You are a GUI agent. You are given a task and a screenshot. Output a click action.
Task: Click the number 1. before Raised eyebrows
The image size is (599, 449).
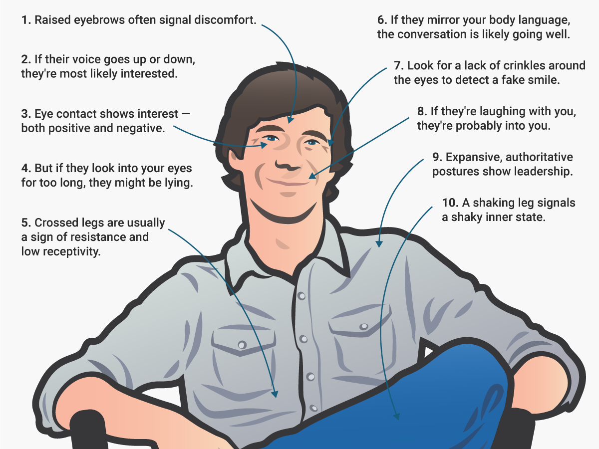coord(26,20)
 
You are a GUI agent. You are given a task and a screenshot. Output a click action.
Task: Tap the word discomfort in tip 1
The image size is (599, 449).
coord(225,20)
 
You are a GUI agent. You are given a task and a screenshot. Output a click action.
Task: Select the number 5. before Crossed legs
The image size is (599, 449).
coord(26,223)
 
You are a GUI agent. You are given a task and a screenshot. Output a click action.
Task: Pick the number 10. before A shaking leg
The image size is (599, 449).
coord(450,203)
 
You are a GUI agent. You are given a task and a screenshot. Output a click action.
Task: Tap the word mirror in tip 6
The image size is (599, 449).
coord(438,20)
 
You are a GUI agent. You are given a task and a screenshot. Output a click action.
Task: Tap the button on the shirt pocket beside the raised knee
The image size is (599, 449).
coord(363,326)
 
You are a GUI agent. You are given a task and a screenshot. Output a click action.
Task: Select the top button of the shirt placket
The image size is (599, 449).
coord(301,296)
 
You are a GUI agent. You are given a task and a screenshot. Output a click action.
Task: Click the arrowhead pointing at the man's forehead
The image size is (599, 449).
coord(291,119)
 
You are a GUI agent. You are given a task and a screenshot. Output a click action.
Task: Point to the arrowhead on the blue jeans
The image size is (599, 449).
coord(397,416)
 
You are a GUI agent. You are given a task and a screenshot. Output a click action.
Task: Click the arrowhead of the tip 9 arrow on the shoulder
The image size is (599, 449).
coord(379,243)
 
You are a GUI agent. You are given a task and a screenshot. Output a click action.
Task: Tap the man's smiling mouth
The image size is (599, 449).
coord(288,182)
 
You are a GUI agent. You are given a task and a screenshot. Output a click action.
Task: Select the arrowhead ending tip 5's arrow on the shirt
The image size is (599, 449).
coord(275,394)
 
